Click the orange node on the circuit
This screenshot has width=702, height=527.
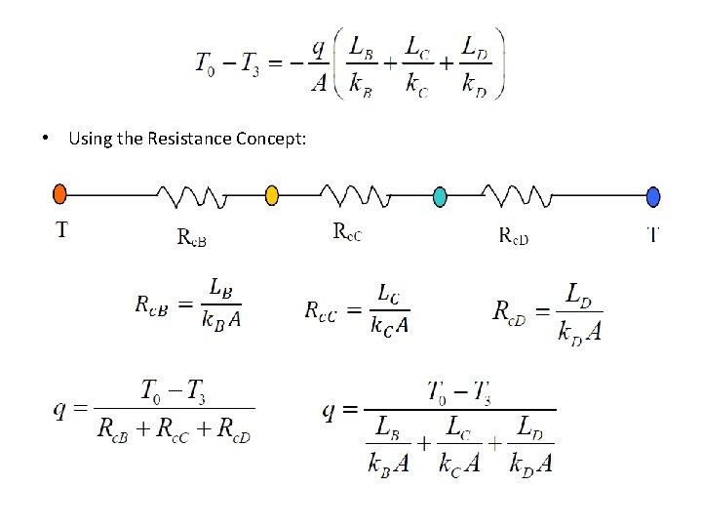click(59, 193)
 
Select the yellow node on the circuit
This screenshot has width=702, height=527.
click(272, 196)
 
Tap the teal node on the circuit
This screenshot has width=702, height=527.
click(440, 196)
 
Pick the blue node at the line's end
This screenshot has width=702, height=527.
click(653, 196)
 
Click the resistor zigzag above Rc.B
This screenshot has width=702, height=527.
click(199, 198)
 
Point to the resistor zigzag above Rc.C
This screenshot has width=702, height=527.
click(361, 198)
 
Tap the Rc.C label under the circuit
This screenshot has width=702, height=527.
click(347, 232)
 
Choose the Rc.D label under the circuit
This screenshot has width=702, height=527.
click(515, 235)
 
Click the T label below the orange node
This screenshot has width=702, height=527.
click(62, 231)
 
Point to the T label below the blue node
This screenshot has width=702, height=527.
click(653, 233)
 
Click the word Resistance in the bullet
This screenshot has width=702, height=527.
click(190, 139)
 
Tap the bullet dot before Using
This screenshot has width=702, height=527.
click(48, 139)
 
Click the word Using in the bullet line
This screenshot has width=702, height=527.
click(91, 139)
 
